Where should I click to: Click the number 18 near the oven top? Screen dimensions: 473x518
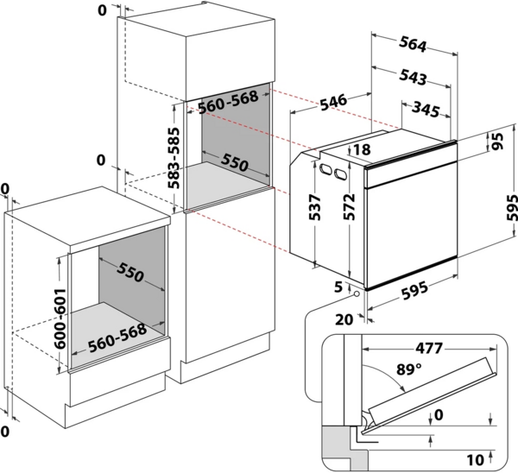361,149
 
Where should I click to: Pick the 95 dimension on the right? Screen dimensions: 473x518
498,142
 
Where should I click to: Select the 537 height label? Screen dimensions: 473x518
315,207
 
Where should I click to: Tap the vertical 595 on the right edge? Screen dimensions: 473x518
510,208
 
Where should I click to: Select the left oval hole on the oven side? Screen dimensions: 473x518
326,169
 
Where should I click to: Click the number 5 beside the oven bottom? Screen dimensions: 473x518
338,285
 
